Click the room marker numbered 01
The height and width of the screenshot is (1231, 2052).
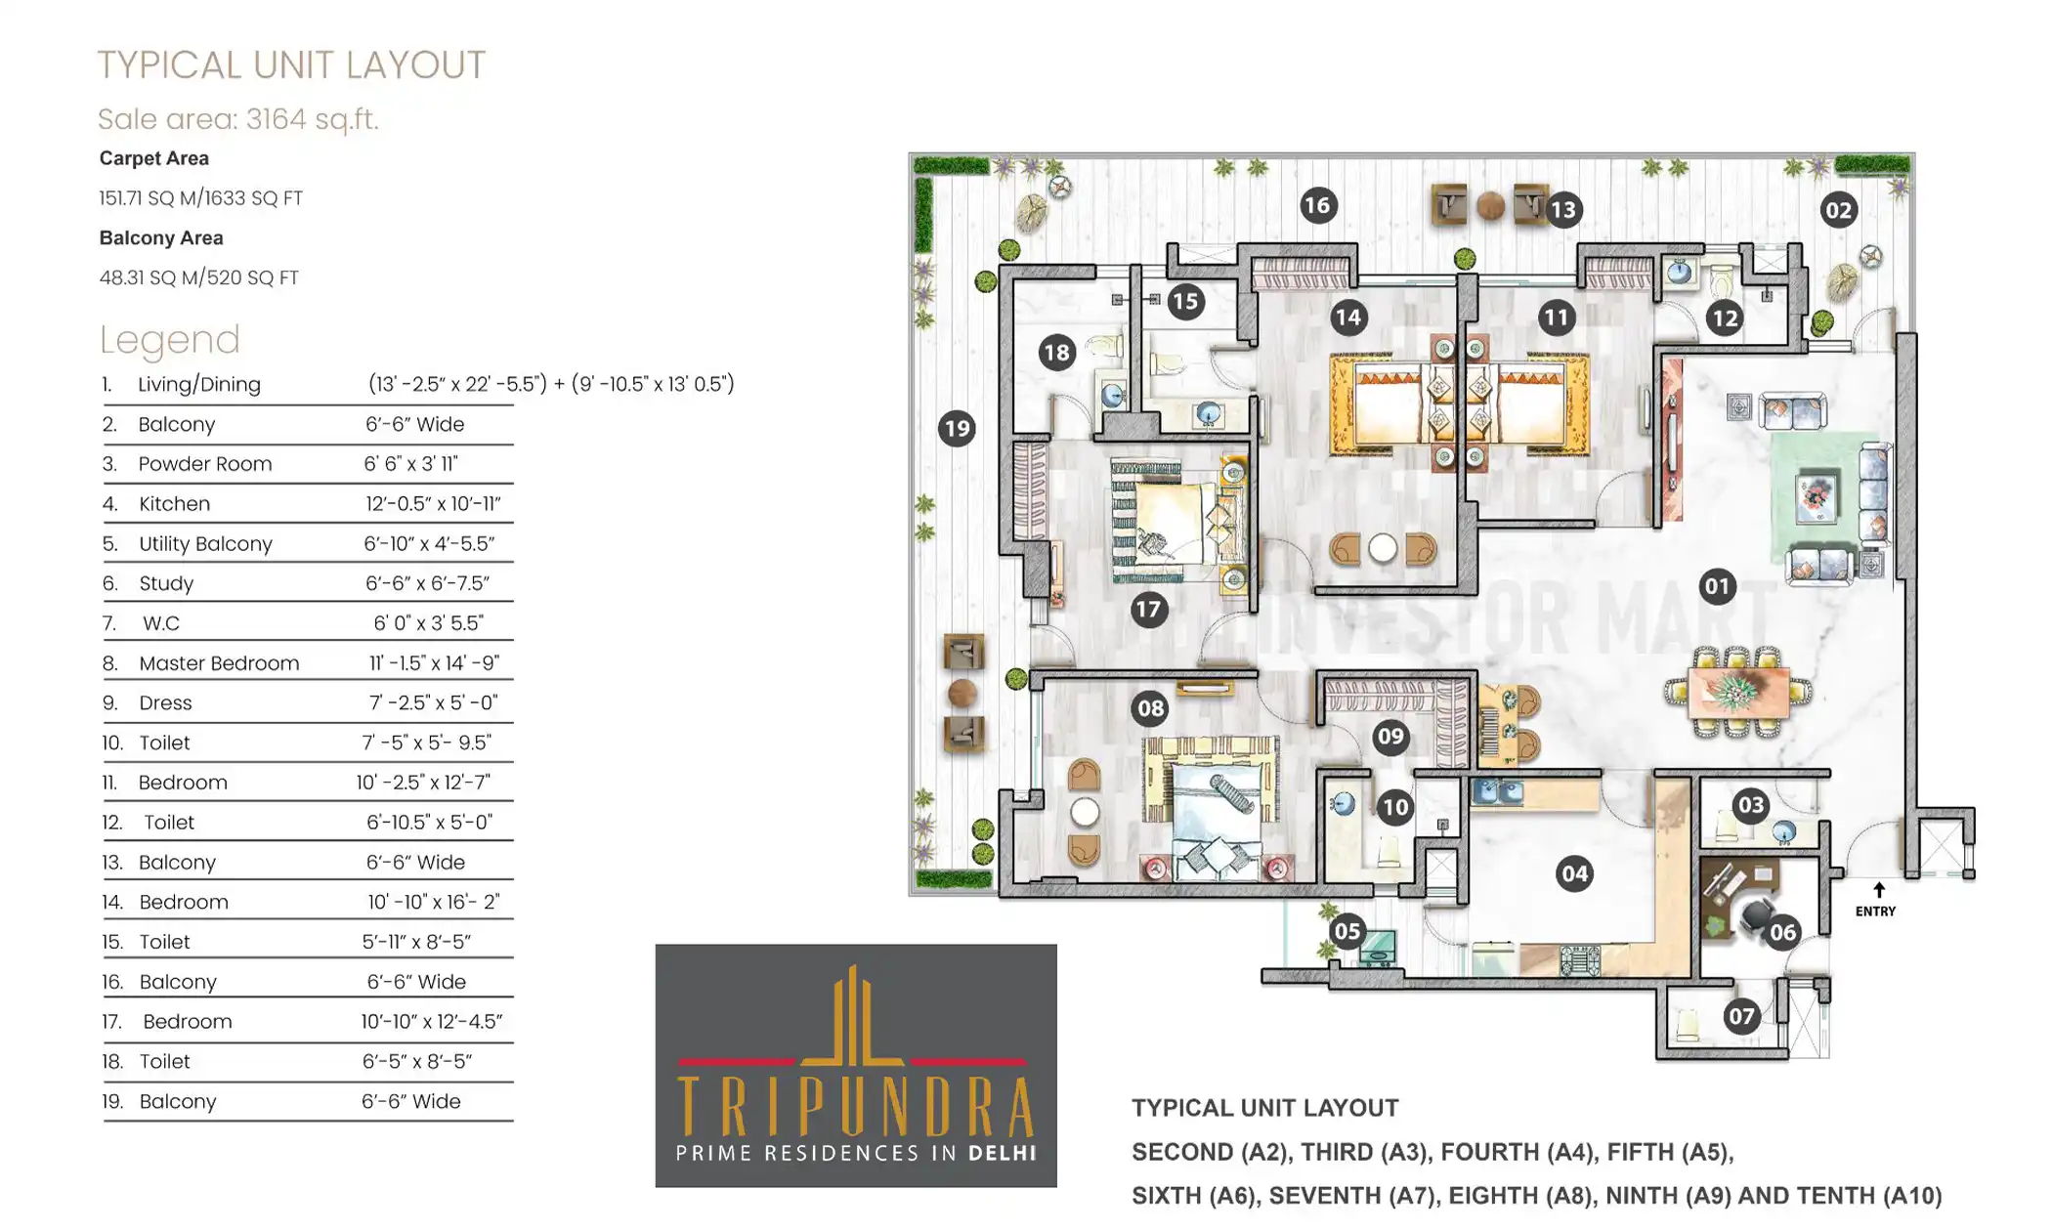pos(1717,586)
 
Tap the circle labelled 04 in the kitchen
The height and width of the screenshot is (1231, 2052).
pos(1573,872)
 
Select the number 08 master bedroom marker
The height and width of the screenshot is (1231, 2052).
pos(1150,708)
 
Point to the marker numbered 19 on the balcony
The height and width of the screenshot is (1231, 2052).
pos(957,428)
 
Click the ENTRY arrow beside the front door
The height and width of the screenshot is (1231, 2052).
pos(1878,891)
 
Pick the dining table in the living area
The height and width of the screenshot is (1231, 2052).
pos(1737,692)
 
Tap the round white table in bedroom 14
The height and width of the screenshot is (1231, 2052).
pos(1382,548)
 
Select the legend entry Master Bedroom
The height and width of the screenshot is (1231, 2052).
pos(219,663)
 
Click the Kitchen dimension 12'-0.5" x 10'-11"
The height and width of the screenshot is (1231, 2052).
pos(433,504)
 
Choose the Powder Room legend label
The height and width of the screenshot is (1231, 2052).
pos(205,464)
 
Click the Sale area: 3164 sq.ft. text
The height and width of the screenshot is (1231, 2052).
pos(237,119)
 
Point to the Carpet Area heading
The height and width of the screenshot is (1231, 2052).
pos(154,158)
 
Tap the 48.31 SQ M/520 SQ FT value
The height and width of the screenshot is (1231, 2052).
pos(199,277)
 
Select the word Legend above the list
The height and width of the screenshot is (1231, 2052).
pos(170,340)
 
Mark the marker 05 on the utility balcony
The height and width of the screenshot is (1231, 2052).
pos(1347,931)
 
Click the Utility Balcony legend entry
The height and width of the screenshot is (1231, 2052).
pos(205,544)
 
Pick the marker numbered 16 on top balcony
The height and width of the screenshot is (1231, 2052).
pos(1317,205)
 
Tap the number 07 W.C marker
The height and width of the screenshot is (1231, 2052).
pos(1740,1016)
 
